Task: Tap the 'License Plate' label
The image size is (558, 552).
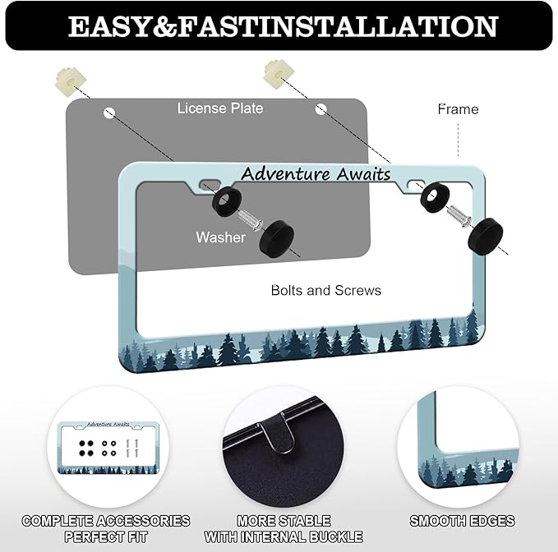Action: click(220, 108)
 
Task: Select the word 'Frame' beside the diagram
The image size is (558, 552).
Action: click(458, 109)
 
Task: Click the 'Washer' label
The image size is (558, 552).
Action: click(220, 237)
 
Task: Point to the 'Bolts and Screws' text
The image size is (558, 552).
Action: click(326, 290)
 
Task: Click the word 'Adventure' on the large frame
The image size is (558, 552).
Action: click(285, 174)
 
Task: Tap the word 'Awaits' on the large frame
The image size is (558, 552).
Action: click(363, 174)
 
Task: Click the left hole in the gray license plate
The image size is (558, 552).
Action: click(109, 113)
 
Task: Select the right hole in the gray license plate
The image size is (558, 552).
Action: click(321, 109)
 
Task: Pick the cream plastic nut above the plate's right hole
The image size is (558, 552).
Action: click(279, 75)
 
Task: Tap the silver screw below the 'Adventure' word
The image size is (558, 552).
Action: click(250, 219)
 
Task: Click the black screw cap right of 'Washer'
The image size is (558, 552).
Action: click(276, 238)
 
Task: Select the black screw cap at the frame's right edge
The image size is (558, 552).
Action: click(485, 236)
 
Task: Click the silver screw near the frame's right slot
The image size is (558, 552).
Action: click(459, 215)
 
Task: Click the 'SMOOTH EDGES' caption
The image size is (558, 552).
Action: click(462, 521)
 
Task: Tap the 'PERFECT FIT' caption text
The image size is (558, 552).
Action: click(106, 536)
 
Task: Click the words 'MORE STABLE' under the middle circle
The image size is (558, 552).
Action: click(284, 521)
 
